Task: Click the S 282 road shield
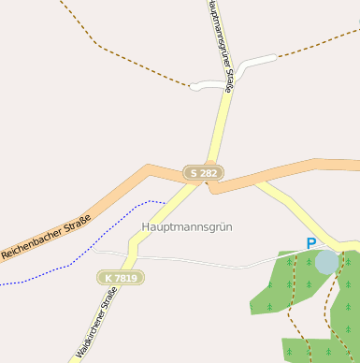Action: tap(203, 173)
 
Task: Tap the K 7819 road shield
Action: tap(121, 278)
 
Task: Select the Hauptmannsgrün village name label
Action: tap(187, 226)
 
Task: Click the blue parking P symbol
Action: tap(310, 244)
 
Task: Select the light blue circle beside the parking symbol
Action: tap(326, 262)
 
